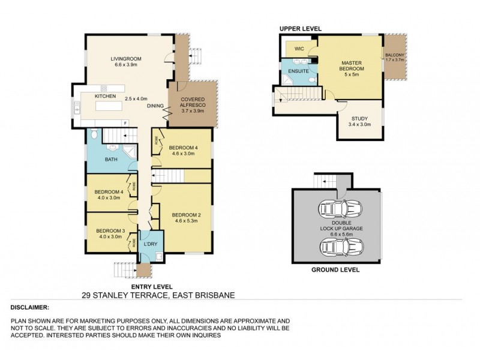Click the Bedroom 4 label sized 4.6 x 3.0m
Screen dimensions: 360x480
point(182,148)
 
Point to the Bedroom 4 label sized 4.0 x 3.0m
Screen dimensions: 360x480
point(109,192)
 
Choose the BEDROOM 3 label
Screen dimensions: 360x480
point(110,231)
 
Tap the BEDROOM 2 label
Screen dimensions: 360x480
point(185,215)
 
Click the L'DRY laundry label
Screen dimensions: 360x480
point(149,245)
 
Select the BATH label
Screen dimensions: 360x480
point(111,160)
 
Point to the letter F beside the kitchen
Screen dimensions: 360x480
point(125,123)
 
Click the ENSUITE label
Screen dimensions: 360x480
point(298,71)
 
